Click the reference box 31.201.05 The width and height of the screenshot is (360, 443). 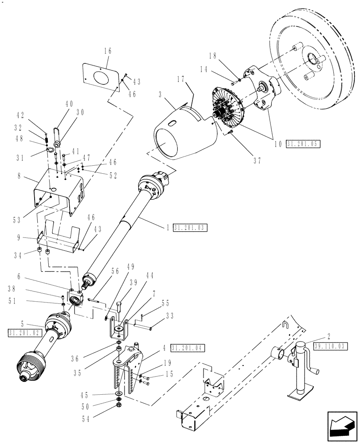[x=303, y=144]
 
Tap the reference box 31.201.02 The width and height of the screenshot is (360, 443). [x=24, y=332]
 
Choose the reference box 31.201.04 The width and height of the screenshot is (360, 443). [x=188, y=348]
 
